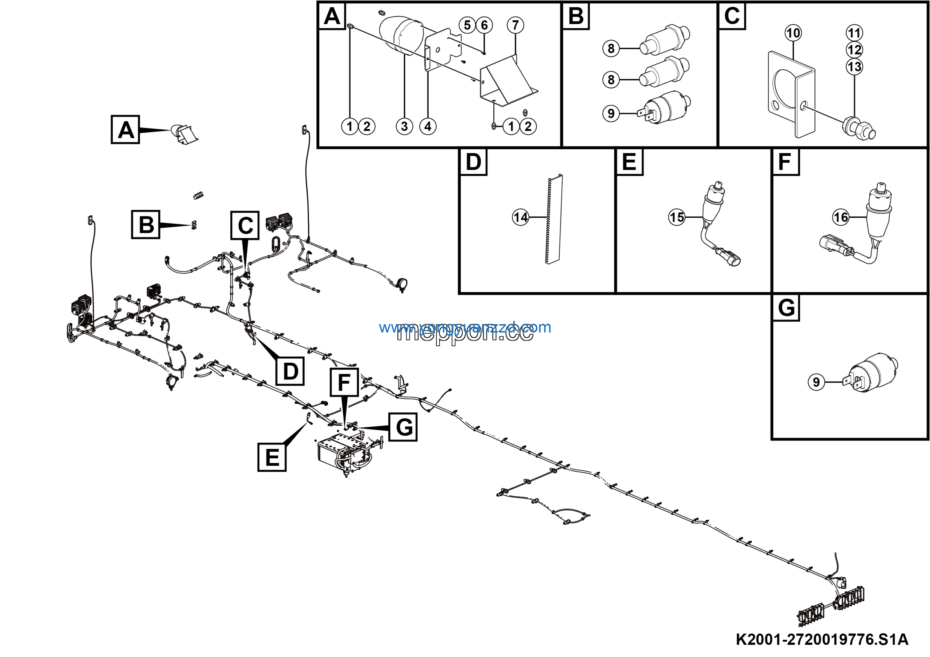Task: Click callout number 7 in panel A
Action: (x=515, y=25)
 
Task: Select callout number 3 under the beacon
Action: (x=404, y=126)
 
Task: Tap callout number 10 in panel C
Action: (x=793, y=33)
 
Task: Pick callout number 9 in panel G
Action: (x=816, y=382)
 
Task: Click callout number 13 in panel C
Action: (x=854, y=67)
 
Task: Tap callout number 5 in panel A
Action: (x=467, y=25)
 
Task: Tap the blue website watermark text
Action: (x=465, y=327)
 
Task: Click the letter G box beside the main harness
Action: (x=403, y=427)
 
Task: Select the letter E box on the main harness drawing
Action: (x=272, y=457)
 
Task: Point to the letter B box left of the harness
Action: (x=146, y=225)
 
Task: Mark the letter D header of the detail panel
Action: (x=473, y=162)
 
